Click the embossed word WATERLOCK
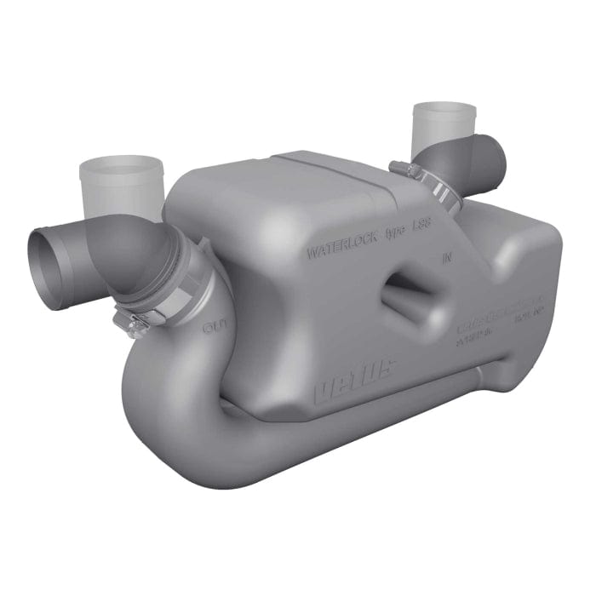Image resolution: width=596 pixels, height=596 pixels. point(340,253)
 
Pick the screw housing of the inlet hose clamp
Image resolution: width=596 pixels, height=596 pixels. point(402,170)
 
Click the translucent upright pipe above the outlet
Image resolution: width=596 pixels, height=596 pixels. point(120,187)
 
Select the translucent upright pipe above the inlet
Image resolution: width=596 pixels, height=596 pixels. point(444,128)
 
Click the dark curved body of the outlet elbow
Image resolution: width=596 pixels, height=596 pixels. point(128,251)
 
